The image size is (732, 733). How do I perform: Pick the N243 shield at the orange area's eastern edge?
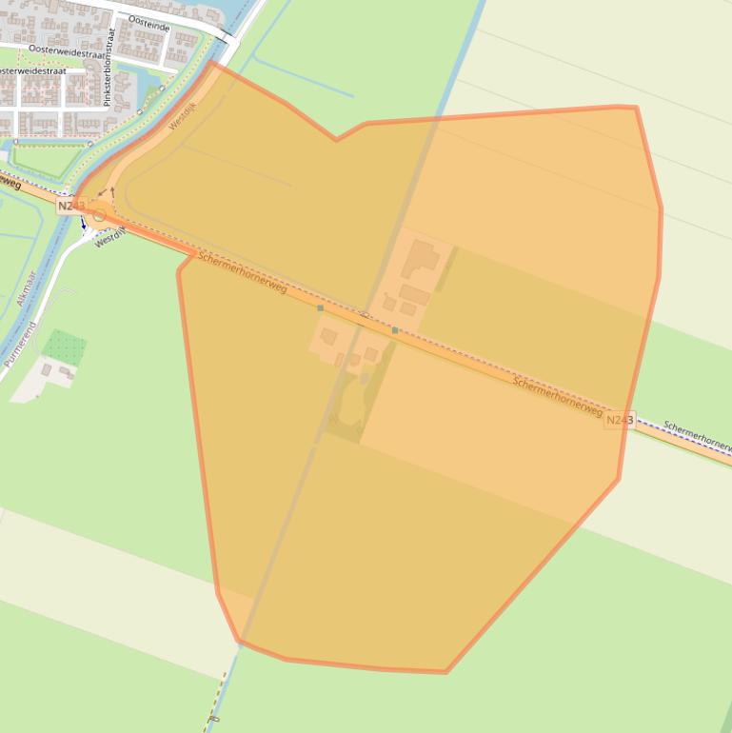pyautogui.click(x=618, y=420)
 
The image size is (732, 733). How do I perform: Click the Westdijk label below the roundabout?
pyautogui.click(x=110, y=236)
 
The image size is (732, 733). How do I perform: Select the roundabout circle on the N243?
pyautogui.click(x=99, y=216)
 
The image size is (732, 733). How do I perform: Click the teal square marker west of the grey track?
pyautogui.click(x=320, y=308)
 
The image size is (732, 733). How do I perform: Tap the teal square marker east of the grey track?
pyautogui.click(x=394, y=329)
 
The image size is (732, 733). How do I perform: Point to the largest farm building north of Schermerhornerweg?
pyautogui.click(x=422, y=258)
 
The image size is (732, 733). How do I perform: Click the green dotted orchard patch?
pyautogui.click(x=65, y=344)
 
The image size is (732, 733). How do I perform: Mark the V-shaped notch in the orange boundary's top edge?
pyautogui.click(x=336, y=140)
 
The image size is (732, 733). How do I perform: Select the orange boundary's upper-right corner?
pyautogui.click(x=635, y=108)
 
